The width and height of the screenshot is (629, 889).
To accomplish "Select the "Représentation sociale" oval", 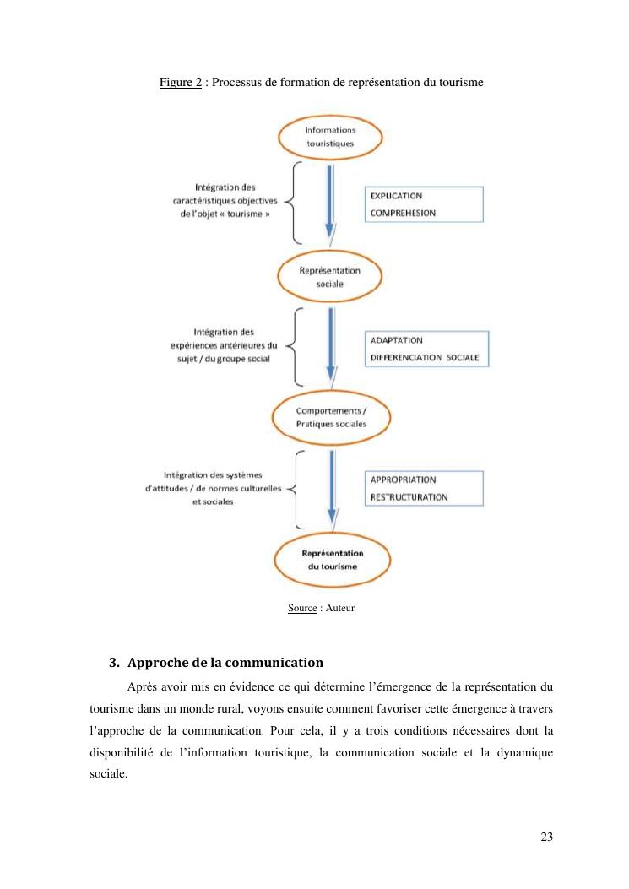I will (330, 277).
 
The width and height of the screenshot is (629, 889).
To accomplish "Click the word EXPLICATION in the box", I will (397, 196).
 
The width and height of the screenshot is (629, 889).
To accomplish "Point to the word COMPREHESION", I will (404, 213).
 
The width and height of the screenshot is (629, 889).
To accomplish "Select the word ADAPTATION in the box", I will (397, 339).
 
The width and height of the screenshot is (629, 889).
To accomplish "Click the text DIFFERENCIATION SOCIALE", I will (424, 357).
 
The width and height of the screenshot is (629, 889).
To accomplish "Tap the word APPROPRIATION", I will (403, 480).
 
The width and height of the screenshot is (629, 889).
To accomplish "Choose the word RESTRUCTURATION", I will (409, 497).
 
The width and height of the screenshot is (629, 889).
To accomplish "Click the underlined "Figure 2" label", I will (180, 83).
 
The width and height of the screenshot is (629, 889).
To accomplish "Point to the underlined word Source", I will (302, 608).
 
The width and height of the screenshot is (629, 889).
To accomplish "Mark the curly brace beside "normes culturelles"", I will (293, 487).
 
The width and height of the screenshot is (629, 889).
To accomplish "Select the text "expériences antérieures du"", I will (223, 345).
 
